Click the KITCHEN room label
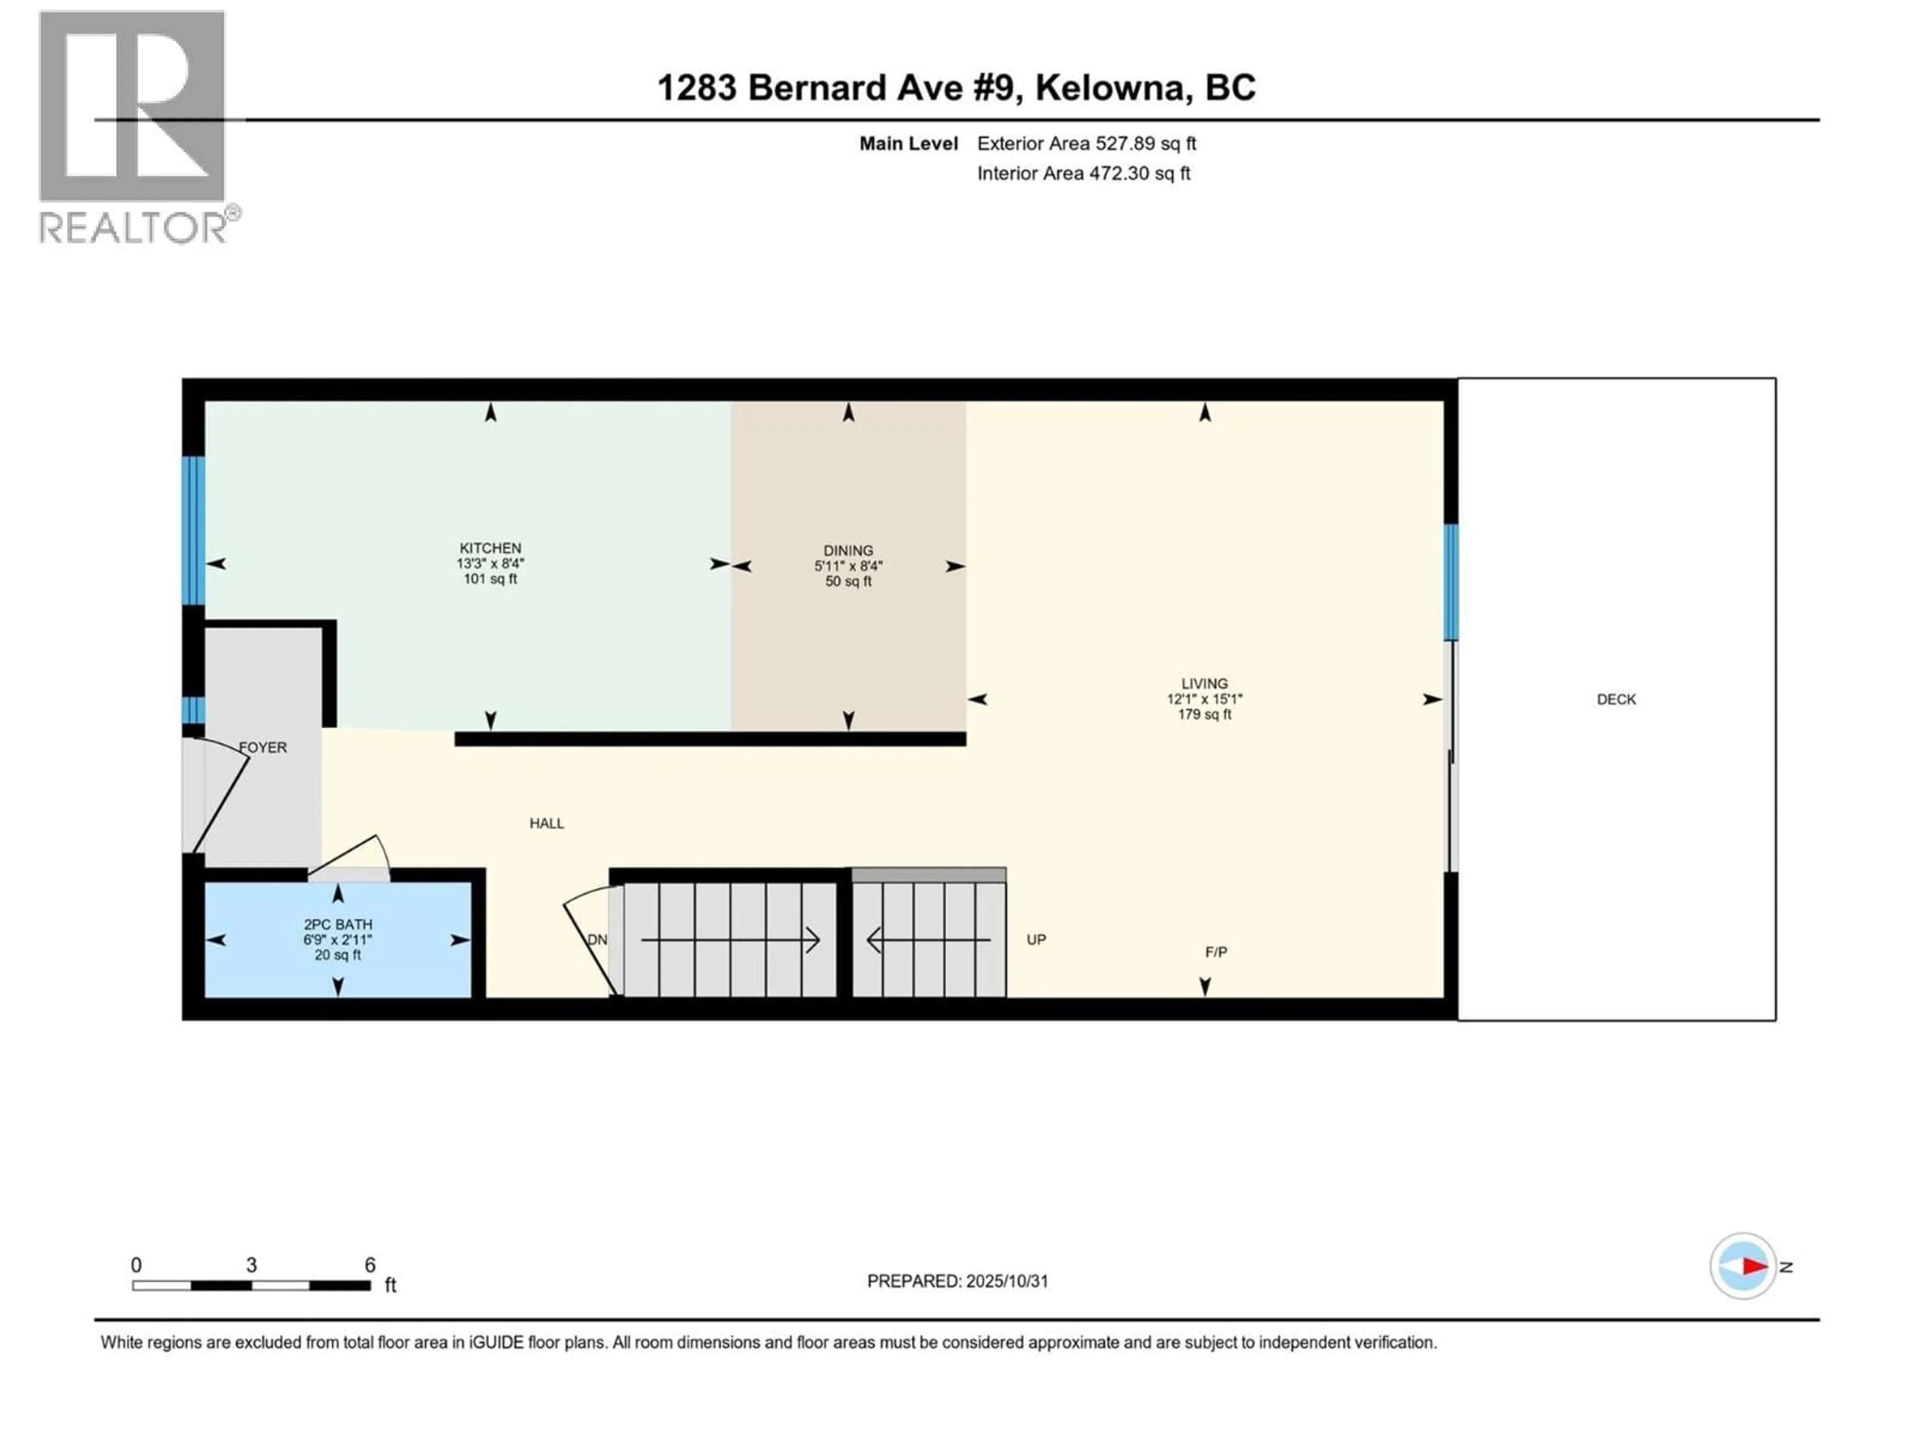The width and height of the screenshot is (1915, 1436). coord(490,548)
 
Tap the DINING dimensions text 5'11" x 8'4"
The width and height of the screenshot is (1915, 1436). coord(848,566)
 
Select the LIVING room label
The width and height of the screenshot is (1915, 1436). coord(1204,683)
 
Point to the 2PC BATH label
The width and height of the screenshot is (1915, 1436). coord(338,924)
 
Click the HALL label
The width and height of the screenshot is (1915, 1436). coord(546,823)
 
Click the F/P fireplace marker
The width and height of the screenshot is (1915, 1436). coord(1215,952)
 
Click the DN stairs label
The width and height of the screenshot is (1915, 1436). coord(597,940)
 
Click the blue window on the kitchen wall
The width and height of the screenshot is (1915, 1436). coord(193,530)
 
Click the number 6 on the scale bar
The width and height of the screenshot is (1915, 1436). coord(370,1265)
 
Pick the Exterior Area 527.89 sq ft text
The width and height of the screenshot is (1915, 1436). coord(1087,144)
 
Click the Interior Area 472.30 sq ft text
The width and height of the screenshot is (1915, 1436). coord(1083,173)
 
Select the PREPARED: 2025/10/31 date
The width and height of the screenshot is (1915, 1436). coord(957,1281)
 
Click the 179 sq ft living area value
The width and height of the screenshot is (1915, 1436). coord(1204,714)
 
